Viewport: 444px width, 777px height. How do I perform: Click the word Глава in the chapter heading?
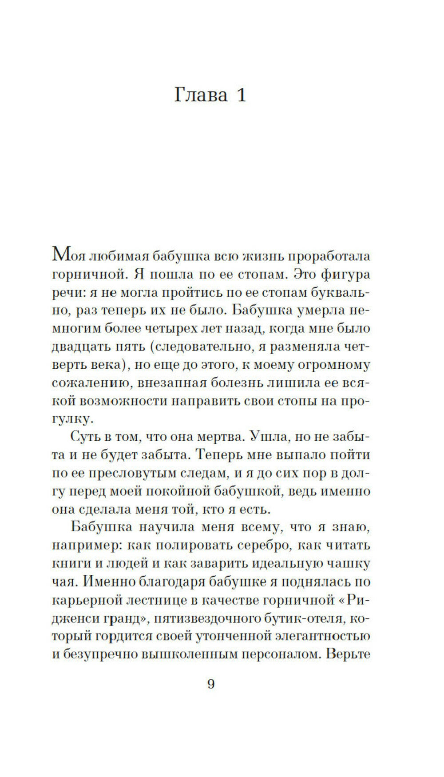coord(201,95)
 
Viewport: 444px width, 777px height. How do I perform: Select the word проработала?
coord(329,256)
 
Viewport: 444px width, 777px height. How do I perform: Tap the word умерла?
coord(320,310)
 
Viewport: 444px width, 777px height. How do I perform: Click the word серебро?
coord(257,546)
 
